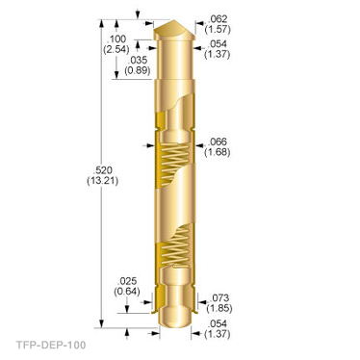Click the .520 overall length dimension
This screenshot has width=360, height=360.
coord(103,170)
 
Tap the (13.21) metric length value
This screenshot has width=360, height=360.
coord(103,181)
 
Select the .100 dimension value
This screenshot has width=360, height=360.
coord(116,39)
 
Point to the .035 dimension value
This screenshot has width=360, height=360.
coord(138,60)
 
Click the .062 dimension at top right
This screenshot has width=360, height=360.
coord(218,18)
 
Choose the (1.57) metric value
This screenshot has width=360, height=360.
coord(218,29)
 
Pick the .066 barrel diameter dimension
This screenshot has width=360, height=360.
coord(218,141)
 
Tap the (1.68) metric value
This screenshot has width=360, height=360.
coord(218,152)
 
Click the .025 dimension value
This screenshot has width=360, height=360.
coord(127,281)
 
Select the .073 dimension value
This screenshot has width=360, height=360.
coord(219,297)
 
